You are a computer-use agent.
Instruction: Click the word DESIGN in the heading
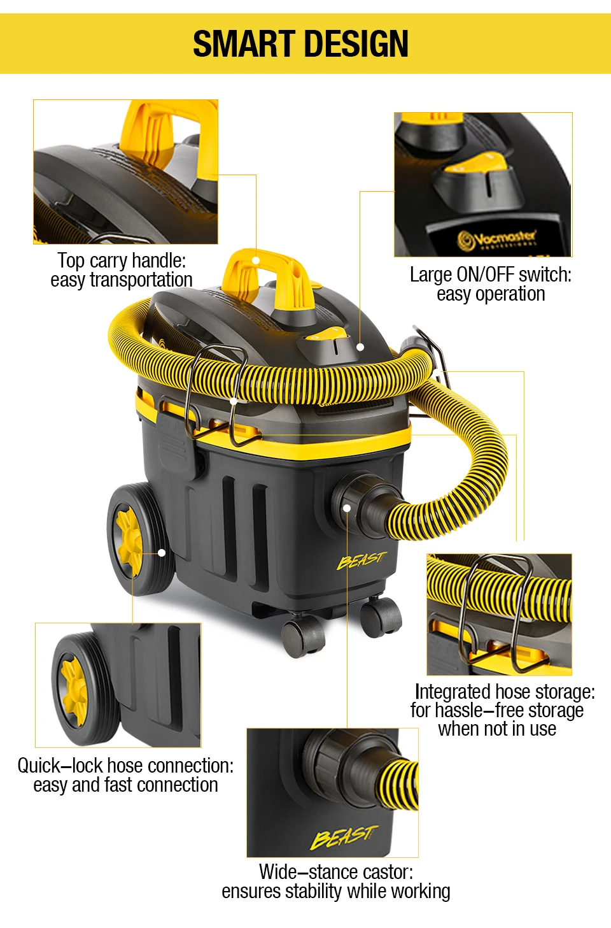(358, 44)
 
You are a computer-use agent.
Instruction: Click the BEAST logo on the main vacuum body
(361, 560)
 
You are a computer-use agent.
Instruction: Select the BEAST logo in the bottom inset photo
(344, 836)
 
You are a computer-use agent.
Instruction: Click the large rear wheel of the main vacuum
(137, 540)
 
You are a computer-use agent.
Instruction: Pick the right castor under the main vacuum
(380, 617)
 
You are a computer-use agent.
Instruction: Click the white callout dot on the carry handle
(256, 261)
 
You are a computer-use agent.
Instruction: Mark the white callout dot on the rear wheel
(162, 553)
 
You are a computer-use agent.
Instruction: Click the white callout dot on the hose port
(347, 508)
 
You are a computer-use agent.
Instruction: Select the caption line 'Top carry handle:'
(122, 261)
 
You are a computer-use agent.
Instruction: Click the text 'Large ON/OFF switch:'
(490, 275)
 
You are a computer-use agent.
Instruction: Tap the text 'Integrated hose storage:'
(504, 692)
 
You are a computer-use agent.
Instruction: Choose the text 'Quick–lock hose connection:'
(125, 766)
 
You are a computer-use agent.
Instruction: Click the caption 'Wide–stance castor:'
(335, 871)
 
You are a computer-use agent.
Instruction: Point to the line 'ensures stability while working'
(335, 891)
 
